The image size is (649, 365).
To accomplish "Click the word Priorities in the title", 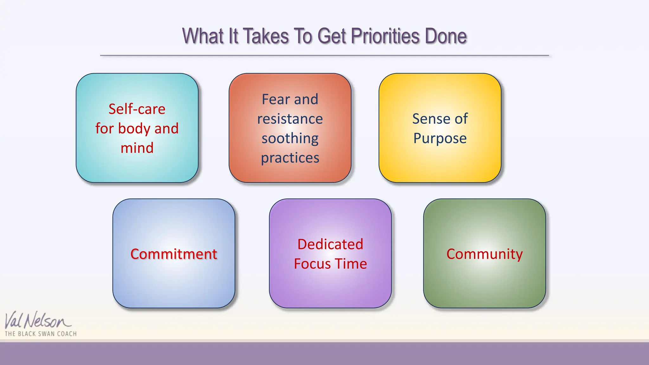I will tap(385, 36).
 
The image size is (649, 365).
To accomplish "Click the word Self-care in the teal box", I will tap(137, 109).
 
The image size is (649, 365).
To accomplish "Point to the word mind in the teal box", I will tap(137, 148).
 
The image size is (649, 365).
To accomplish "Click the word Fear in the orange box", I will tap(275, 99).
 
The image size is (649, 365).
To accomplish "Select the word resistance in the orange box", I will tap(290, 119).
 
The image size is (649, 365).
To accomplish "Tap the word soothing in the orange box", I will tap(290, 139).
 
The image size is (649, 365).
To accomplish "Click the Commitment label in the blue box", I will tap(174, 254).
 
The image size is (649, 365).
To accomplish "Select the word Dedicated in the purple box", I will tap(330, 244).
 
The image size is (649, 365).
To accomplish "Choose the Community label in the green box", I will tap(485, 254).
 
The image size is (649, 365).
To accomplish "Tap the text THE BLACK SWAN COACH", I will tap(41, 334).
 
